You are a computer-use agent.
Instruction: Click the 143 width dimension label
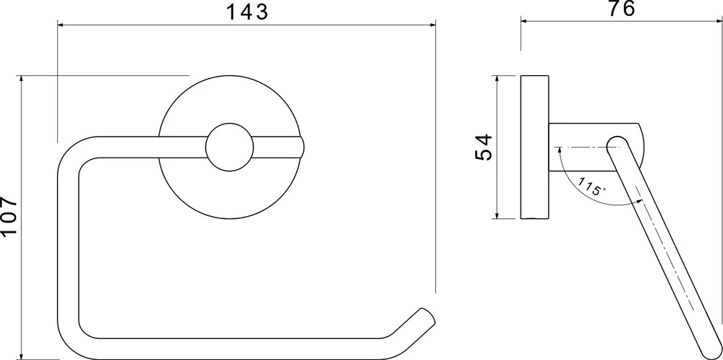click(247, 12)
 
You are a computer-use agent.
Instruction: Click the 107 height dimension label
click(9, 216)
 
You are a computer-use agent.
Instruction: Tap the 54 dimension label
click(484, 147)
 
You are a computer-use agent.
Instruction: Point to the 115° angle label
click(591, 187)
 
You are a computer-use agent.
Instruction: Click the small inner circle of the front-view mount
click(229, 147)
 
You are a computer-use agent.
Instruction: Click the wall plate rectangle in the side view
click(534, 147)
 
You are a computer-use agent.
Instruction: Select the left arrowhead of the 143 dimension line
click(61, 25)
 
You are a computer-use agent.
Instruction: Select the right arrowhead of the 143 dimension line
click(432, 25)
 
